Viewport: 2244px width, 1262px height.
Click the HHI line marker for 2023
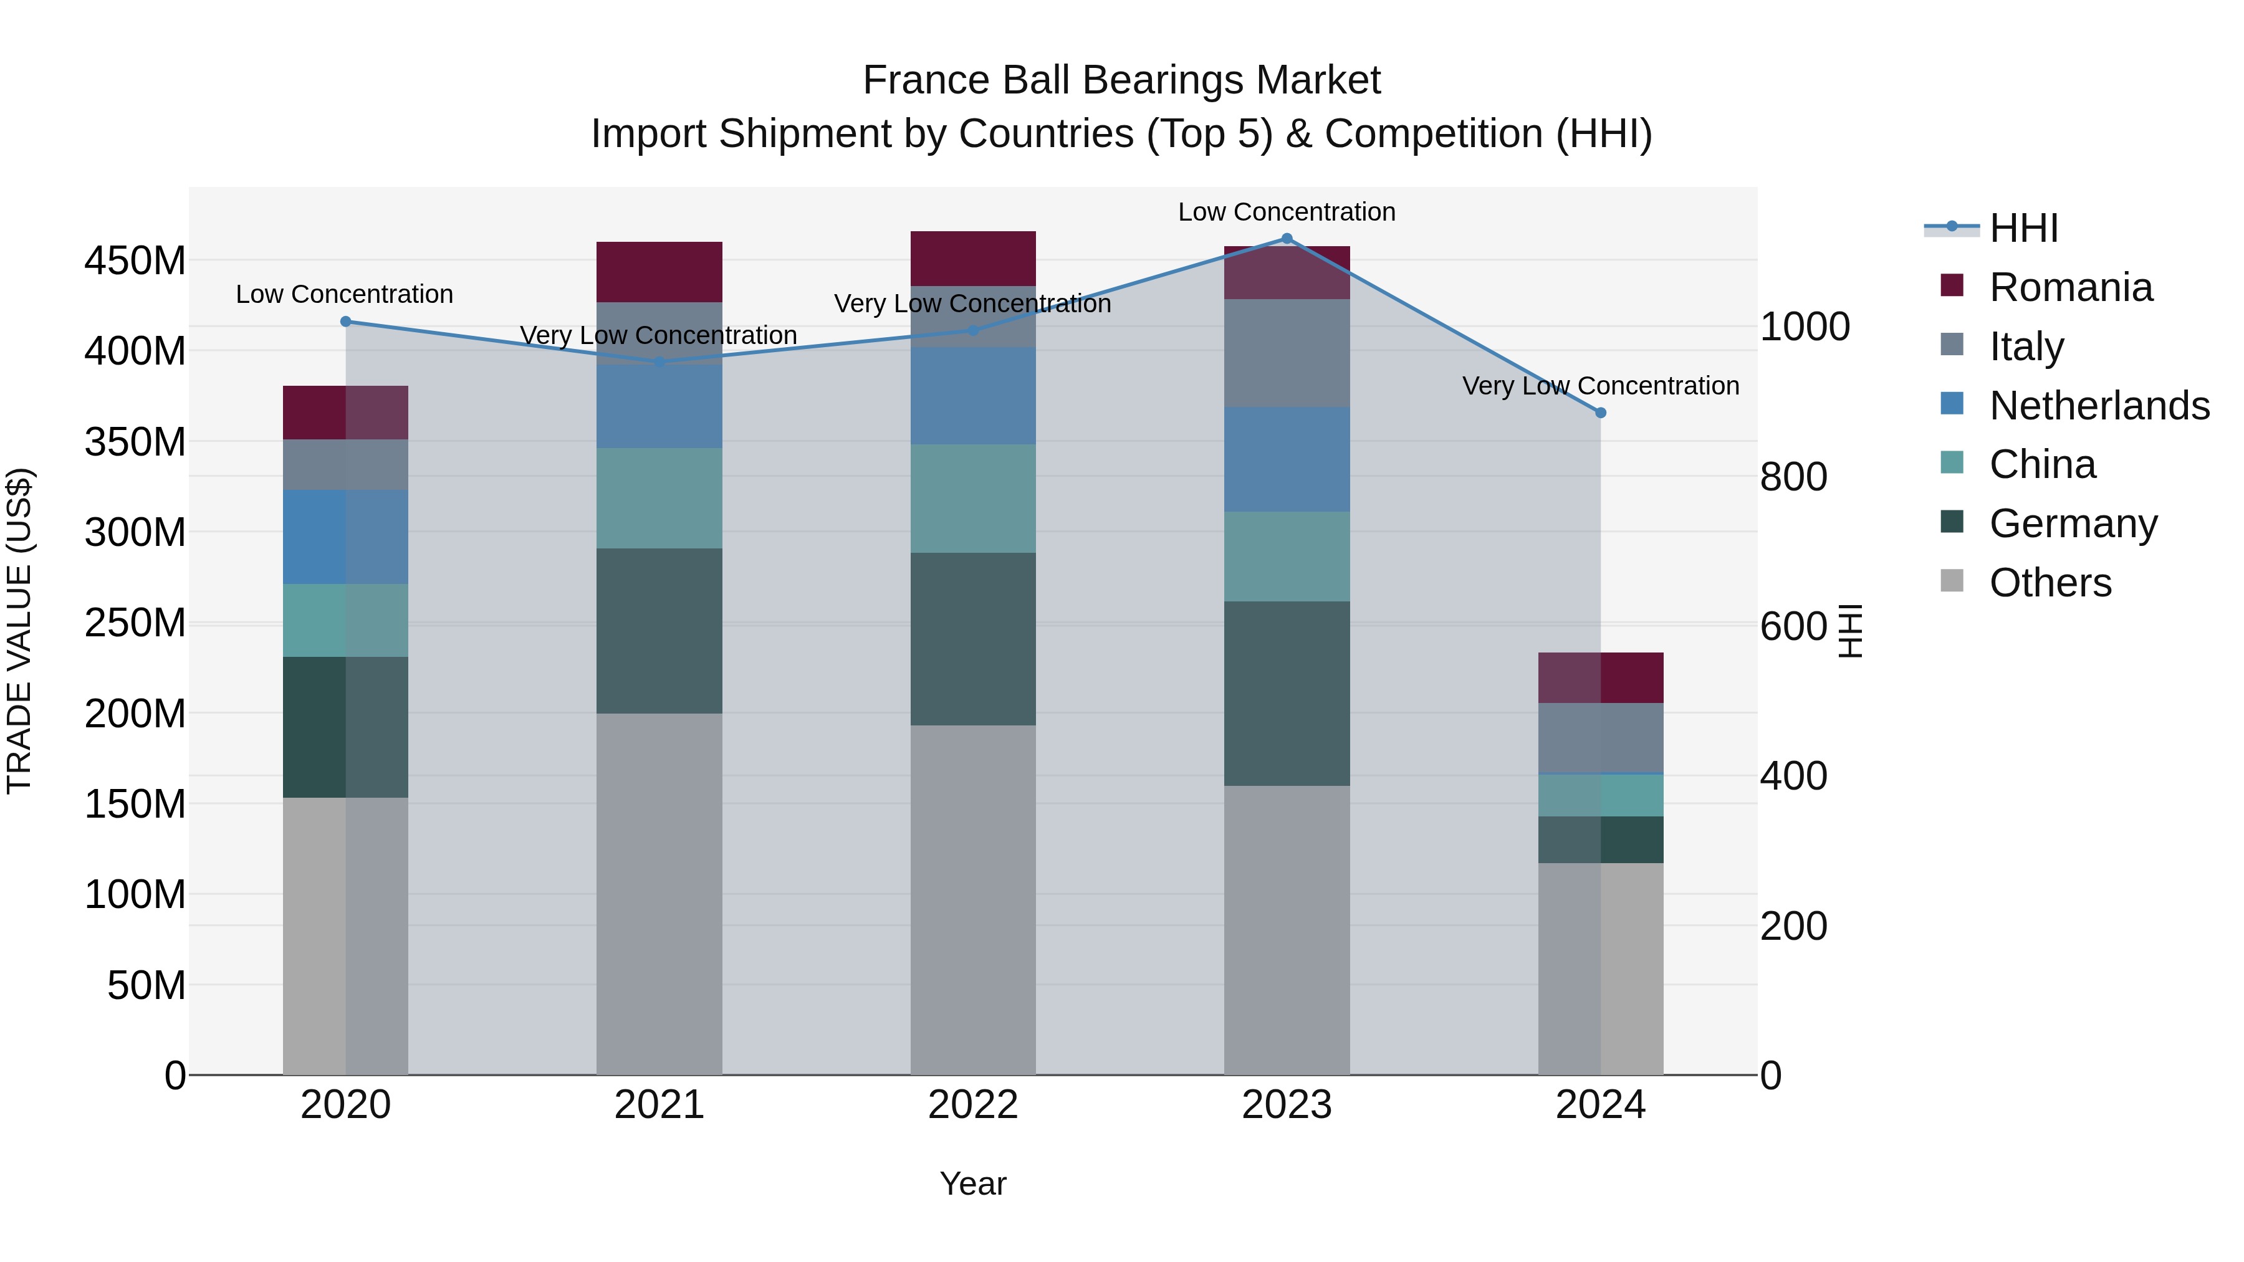1287,239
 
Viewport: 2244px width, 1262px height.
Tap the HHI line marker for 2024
1600,413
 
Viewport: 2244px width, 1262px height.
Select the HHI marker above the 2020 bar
346,322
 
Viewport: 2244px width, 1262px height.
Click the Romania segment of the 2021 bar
659,272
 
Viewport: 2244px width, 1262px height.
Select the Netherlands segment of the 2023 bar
1287,459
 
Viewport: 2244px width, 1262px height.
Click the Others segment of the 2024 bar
1600,968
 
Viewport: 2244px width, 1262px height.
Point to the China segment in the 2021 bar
659,498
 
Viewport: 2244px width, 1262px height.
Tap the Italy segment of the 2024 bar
1600,738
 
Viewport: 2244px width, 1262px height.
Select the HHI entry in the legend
2023,228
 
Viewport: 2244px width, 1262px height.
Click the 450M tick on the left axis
135,261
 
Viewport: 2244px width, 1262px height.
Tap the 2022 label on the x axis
973,1105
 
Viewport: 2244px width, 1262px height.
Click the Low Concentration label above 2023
1287,212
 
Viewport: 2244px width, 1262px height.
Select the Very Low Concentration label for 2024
1600,385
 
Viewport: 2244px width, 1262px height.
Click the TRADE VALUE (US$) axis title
19,631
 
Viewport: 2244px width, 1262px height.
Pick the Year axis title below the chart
973,1183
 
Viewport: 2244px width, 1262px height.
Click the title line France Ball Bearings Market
1121,80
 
